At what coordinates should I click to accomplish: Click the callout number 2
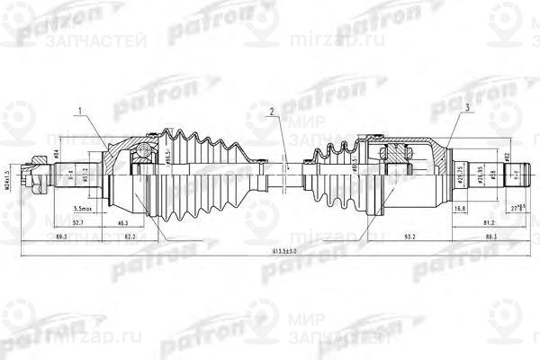click(268, 112)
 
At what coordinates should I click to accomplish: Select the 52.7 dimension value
click(78, 221)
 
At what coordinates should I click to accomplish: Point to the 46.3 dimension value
click(121, 221)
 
